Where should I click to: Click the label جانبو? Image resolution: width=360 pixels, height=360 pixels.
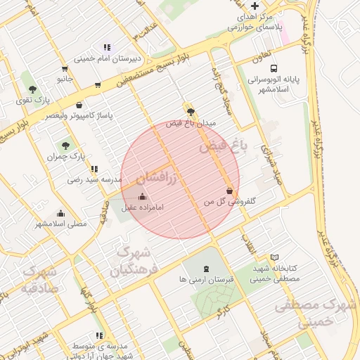click(65, 79)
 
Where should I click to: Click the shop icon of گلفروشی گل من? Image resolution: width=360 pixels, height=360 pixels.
click(230, 191)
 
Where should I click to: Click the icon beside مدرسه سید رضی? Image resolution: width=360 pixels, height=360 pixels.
click(94, 169)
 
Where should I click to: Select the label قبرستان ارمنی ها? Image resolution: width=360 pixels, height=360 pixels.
click(205, 279)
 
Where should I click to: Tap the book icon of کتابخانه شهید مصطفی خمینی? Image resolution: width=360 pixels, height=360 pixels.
click(274, 257)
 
